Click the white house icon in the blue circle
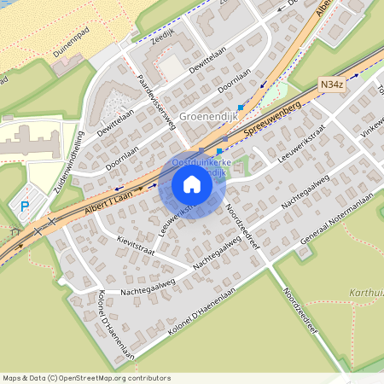[x=192, y=184]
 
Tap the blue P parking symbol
[x=25, y=206]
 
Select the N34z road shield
[x=333, y=85]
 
